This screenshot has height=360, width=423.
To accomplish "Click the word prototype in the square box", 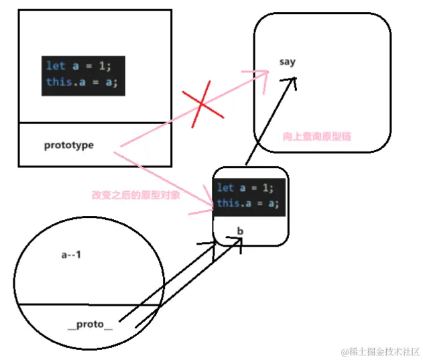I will tap(68, 145).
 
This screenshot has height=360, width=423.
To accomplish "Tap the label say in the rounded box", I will tap(287, 62).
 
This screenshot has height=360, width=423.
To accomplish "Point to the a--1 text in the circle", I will tap(70, 255).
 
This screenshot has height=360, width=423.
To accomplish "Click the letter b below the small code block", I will tap(240, 231).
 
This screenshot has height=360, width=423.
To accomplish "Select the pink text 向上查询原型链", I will tap(317, 136).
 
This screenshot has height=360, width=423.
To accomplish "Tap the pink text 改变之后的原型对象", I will tap(135, 196).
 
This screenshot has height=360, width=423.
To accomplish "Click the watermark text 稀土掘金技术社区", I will tap(384, 351).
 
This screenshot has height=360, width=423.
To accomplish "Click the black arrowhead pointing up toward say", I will tap(292, 80).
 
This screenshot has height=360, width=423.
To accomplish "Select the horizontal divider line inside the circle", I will tap(87, 305).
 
